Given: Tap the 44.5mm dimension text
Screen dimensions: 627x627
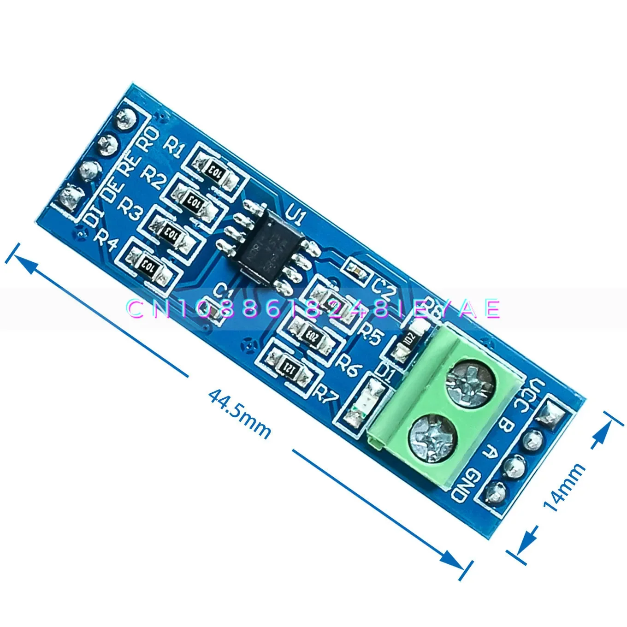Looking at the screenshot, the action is pyautogui.click(x=239, y=413).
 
